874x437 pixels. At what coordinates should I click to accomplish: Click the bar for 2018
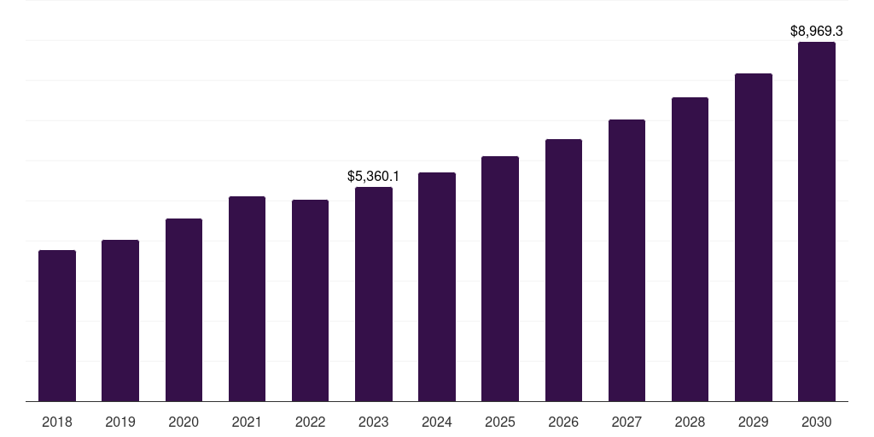point(57,325)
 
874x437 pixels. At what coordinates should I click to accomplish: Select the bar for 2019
point(120,320)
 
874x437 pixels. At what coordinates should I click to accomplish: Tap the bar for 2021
point(247,299)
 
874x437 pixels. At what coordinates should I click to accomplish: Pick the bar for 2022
point(310,300)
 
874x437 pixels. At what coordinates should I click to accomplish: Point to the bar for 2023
point(374,294)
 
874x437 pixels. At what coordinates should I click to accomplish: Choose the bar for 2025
point(500,278)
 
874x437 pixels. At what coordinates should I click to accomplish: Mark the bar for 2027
point(626,260)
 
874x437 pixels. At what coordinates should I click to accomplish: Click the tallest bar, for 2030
point(817,221)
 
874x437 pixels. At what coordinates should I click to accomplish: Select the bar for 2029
point(754,237)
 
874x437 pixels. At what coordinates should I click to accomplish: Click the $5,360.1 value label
point(373,177)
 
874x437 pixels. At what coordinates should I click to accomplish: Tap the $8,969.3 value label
point(817,32)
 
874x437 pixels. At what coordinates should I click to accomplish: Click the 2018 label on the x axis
point(57,422)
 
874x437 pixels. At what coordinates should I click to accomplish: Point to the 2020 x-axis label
point(184,422)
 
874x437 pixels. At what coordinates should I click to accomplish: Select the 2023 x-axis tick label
point(374,422)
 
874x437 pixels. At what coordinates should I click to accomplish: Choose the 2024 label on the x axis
point(437,422)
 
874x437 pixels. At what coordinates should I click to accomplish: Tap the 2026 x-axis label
point(563,422)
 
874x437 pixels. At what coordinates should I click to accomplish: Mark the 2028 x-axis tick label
point(690,422)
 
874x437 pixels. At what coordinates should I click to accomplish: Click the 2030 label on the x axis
point(817,422)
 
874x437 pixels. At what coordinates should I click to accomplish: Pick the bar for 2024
point(437,287)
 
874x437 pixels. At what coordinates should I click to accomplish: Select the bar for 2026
point(563,270)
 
